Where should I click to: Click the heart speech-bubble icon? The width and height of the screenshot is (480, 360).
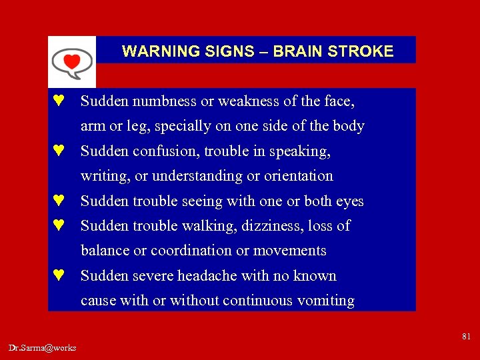coord(72,62)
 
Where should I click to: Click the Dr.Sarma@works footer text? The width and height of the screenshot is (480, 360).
coord(43,347)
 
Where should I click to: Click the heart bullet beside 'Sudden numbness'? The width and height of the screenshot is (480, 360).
coord(59,101)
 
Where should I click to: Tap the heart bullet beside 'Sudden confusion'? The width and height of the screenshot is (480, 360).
coord(59,151)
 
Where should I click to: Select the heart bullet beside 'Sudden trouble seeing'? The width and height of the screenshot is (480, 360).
coord(59,201)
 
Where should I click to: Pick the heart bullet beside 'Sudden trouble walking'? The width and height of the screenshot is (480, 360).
coord(59,226)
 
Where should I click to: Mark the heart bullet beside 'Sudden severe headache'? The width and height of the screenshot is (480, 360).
coord(59,276)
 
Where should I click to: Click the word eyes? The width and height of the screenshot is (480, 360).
coord(348,201)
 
